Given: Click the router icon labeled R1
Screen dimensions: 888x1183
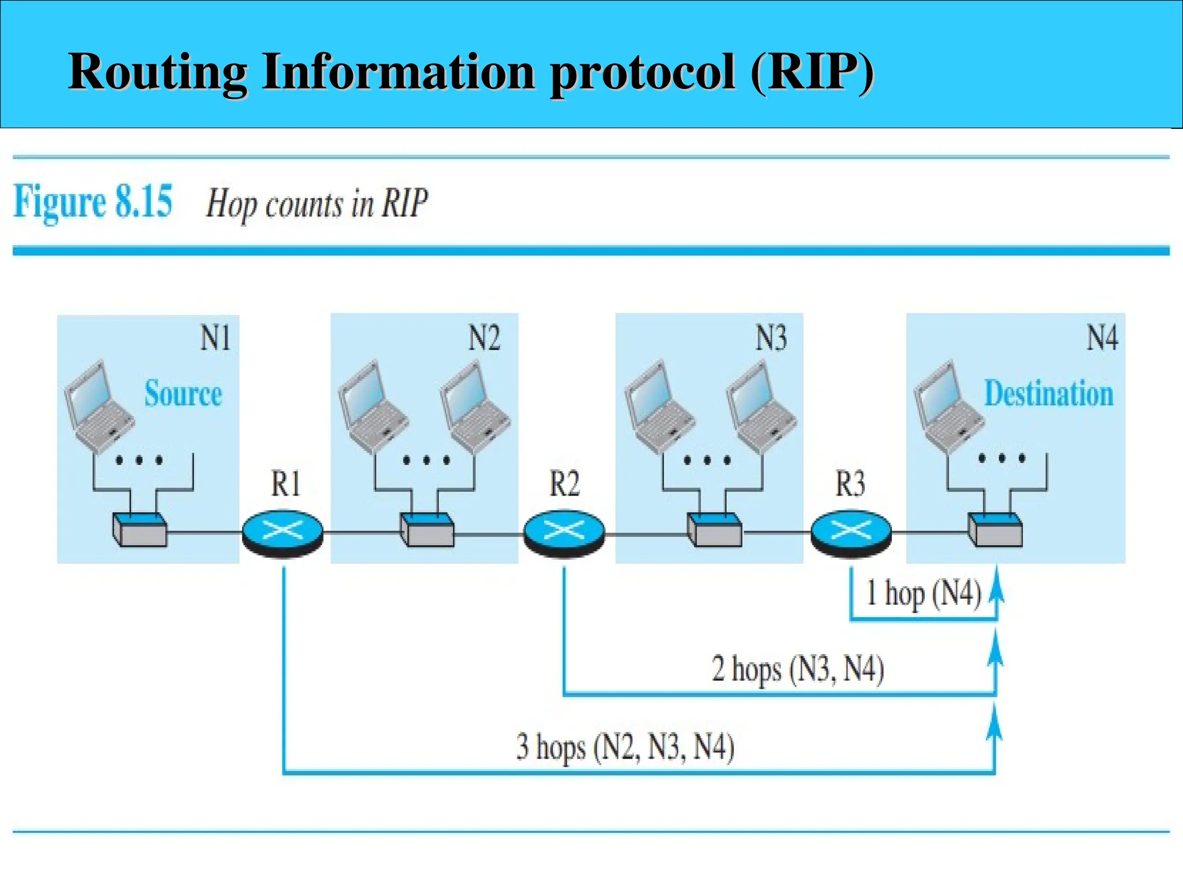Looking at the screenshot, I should pyautogui.click(x=282, y=532).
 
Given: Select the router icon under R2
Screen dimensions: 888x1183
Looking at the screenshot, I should pyautogui.click(x=564, y=532).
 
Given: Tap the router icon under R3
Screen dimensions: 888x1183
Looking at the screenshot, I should pyautogui.click(x=851, y=532).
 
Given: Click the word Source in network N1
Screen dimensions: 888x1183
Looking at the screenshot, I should pyautogui.click(x=183, y=394).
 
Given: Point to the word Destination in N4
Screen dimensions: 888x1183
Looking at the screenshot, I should pyautogui.click(x=1048, y=394).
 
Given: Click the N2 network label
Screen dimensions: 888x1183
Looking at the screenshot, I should pyautogui.click(x=483, y=338).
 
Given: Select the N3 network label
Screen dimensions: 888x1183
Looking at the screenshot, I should pyautogui.click(x=771, y=338).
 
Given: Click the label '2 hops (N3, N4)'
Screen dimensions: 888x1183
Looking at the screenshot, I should pyautogui.click(x=798, y=670).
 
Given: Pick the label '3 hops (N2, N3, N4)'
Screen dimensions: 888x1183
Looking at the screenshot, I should pyautogui.click(x=626, y=747).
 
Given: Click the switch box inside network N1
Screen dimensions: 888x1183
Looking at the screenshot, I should pyautogui.click(x=140, y=529).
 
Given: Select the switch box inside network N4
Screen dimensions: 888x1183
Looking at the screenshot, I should pyautogui.click(x=995, y=529).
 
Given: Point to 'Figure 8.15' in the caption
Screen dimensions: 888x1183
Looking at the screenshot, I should pyautogui.click(x=92, y=202).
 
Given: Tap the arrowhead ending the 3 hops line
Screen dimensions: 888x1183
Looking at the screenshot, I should pyautogui.click(x=994, y=723).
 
